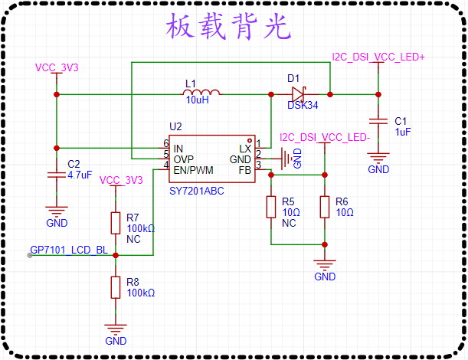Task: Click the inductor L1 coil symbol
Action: coord(201,92)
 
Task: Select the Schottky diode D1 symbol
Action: coord(299,94)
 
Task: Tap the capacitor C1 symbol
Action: coord(378,121)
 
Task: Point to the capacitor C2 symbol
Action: coord(57,175)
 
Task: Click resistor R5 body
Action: coord(271,207)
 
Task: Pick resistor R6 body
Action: coord(325,207)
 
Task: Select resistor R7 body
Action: coord(116,223)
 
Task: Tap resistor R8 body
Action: coord(116,287)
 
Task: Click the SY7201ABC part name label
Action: coord(197,191)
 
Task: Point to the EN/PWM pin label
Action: coord(194,170)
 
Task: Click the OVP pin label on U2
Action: coord(184,159)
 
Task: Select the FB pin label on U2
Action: coord(245,170)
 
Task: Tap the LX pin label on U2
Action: coord(245,149)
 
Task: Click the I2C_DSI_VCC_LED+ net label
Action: coord(378,57)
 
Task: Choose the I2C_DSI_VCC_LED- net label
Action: coord(325,137)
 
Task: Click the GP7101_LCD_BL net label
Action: coord(69,250)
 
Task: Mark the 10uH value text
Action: coord(198,100)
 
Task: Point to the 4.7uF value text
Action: coord(80,175)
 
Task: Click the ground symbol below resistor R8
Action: coord(116,329)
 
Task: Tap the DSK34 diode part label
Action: coord(303,105)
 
